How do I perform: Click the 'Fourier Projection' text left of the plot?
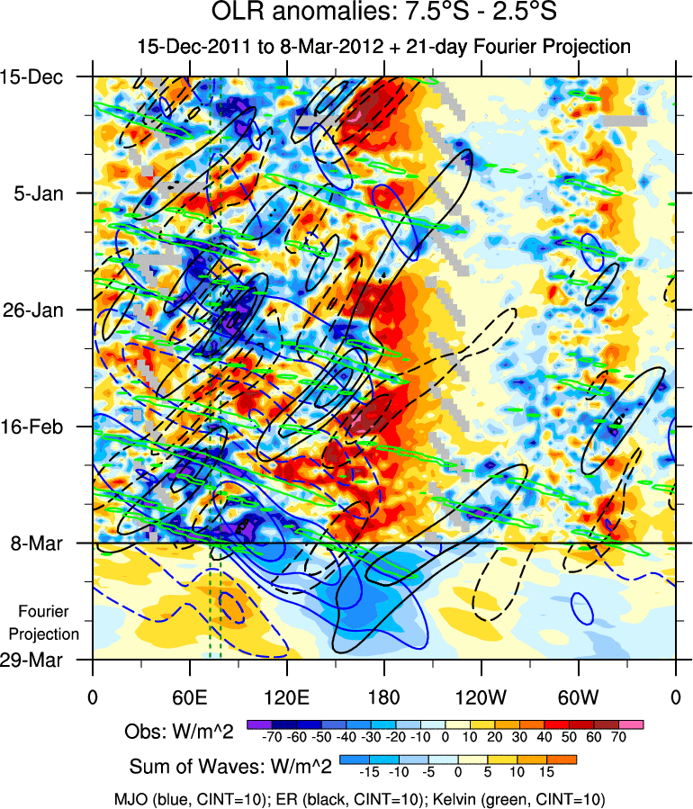click(43, 622)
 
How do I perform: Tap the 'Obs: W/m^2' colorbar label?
click(179, 732)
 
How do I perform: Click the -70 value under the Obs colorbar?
click(270, 737)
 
